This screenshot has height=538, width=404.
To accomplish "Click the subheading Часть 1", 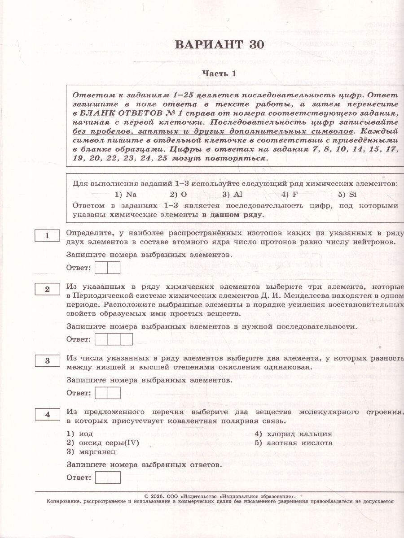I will coord(219,73).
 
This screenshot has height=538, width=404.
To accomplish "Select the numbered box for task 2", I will coord(47,289).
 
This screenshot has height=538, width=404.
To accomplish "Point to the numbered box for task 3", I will coord(47,361).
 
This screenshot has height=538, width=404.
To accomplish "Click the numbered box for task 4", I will coord(47,415).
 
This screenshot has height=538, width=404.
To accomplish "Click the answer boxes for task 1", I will coord(108,268).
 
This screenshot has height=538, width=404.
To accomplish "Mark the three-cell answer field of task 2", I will coord(114,339).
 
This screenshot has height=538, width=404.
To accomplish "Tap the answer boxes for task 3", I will coord(108,393).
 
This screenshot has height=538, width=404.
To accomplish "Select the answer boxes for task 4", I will coord(108,477).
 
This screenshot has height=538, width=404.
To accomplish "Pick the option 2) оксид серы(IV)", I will coord(103,443).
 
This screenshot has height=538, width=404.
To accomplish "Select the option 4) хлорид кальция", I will coord(293,434).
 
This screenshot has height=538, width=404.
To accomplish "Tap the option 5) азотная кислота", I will coord(294,443).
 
